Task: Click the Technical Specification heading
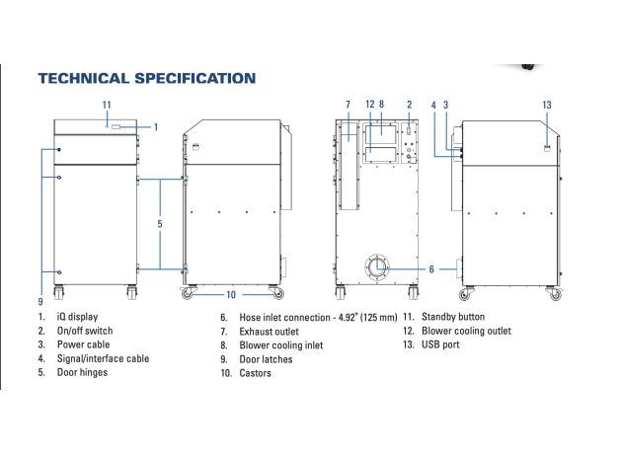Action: tap(147, 78)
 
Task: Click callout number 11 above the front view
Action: tap(107, 105)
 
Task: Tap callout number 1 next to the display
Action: tap(156, 127)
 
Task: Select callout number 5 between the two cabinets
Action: tap(160, 224)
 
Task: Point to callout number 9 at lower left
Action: tap(40, 302)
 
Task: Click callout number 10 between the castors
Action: tap(231, 294)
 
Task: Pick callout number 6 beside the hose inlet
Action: tap(431, 269)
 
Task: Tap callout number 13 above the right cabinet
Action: tap(547, 105)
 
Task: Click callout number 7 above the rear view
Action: tap(348, 105)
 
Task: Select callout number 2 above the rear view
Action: tap(410, 105)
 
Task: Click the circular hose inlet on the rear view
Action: tap(377, 267)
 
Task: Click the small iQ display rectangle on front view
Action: tap(116, 127)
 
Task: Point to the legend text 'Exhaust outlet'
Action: tap(269, 332)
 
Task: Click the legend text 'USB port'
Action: tap(440, 344)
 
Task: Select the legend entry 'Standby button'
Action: tap(453, 317)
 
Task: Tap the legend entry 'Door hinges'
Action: tap(82, 372)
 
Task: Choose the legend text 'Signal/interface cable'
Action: tap(103, 358)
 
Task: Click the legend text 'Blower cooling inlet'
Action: tap(281, 345)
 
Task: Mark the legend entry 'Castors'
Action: tap(255, 373)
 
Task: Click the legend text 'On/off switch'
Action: tap(85, 331)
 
